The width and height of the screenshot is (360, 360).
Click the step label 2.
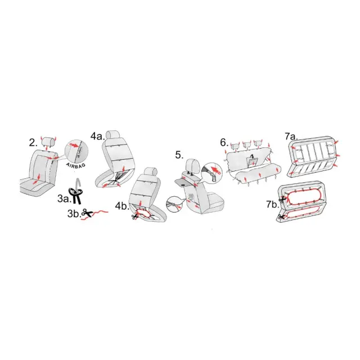(x=33, y=143)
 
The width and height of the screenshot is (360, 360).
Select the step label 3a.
(x=64, y=199)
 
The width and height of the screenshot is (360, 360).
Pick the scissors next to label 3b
(x=87, y=213)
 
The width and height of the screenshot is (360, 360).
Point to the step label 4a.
(x=97, y=136)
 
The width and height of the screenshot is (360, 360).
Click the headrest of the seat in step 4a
(x=113, y=135)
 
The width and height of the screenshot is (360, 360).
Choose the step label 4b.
(x=121, y=206)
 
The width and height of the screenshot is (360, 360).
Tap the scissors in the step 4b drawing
(x=135, y=216)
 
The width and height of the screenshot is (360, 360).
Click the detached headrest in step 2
(x=48, y=141)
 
